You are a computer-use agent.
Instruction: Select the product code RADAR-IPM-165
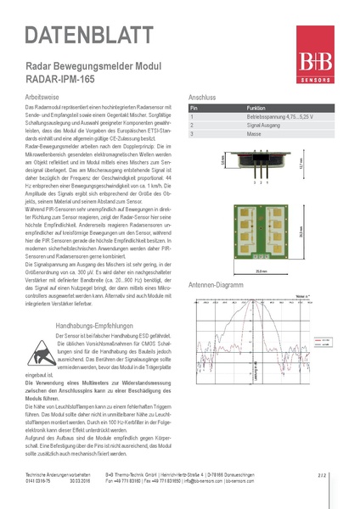pyautogui.click(x=56, y=80)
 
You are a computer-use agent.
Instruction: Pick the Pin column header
pyautogui.click(x=194, y=109)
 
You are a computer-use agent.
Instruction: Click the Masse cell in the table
pyautogui.click(x=255, y=133)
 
